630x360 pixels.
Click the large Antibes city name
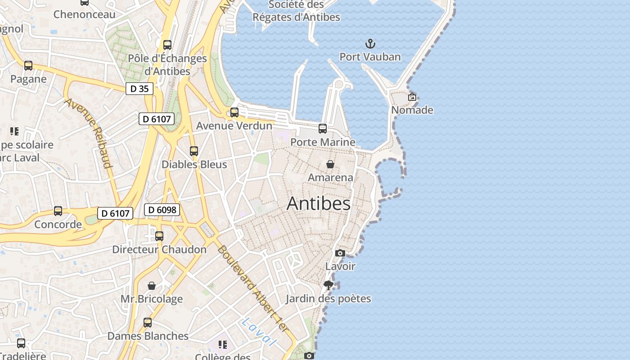pyautogui.click(x=319, y=203)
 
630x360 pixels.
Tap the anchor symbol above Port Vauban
pyautogui.click(x=370, y=44)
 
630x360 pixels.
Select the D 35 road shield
pyautogui.click(x=139, y=89)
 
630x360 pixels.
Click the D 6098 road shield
pyautogui.click(x=162, y=210)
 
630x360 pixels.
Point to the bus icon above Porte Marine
pyautogui.click(x=323, y=129)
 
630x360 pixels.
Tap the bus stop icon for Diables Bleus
pyautogui.click(x=194, y=151)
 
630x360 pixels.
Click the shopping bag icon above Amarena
pyautogui.click(x=330, y=164)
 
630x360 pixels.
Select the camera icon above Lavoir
pyautogui.click(x=340, y=253)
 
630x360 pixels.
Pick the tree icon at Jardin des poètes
pyautogui.click(x=328, y=285)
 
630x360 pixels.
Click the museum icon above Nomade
pyautogui.click(x=412, y=97)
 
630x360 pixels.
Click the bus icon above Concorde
pyautogui.click(x=58, y=211)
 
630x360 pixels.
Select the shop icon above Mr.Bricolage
pyautogui.click(x=152, y=286)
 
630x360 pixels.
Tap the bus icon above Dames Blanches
pyautogui.click(x=148, y=323)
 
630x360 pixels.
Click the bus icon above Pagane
pyautogui.click(x=28, y=66)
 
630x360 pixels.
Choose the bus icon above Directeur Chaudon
pyautogui.click(x=159, y=236)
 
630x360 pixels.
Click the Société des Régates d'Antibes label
pyautogui.click(x=296, y=11)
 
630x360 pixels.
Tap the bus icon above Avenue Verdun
pyautogui.click(x=234, y=112)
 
